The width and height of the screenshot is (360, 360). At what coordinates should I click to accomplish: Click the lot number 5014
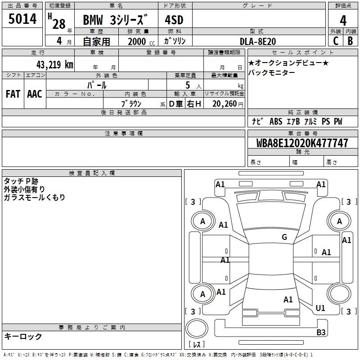click(22, 19)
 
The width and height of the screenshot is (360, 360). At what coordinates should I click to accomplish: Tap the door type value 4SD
click(174, 20)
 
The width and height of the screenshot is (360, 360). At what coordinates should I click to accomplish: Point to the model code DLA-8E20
click(258, 41)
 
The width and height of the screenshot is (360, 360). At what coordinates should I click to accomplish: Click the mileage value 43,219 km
click(55, 64)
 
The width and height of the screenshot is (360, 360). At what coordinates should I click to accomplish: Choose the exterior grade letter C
click(336, 41)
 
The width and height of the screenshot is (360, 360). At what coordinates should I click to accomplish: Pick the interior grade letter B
click(351, 41)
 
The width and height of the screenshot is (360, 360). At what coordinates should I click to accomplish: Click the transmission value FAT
click(13, 94)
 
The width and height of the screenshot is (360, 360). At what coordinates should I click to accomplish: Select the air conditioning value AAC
click(35, 94)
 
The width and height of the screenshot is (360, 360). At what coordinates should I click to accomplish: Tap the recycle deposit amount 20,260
click(225, 104)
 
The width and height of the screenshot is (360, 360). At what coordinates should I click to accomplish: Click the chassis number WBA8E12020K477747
click(302, 143)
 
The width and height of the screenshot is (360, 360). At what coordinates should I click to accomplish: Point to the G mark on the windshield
click(284, 237)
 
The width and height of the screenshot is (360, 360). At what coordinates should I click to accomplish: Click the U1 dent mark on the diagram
click(320, 308)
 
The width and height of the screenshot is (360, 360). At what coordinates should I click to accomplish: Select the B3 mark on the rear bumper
click(321, 332)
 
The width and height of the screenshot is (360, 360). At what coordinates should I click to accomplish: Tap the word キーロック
click(23, 336)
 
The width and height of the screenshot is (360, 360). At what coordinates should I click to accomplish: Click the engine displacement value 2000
click(137, 41)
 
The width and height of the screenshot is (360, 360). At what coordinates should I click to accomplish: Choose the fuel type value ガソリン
click(175, 41)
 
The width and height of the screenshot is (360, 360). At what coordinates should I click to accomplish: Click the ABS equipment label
click(276, 121)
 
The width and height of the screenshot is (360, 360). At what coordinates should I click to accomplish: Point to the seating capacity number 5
click(188, 85)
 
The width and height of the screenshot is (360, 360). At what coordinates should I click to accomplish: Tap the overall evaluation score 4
click(343, 21)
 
